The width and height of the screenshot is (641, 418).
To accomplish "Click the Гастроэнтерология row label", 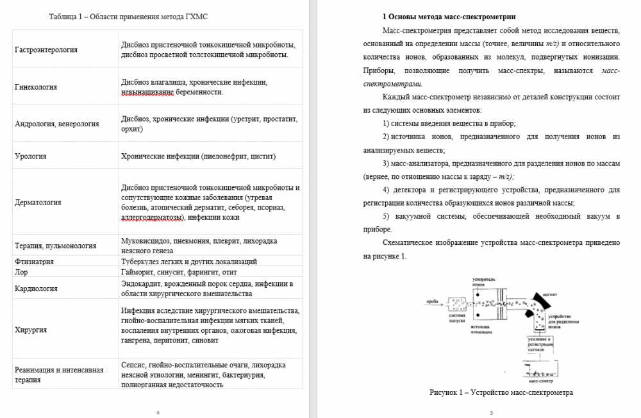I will [x=46, y=49].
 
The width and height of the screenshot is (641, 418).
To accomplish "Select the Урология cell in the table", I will [x=31, y=156].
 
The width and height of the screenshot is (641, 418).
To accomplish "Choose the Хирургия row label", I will [x=30, y=330].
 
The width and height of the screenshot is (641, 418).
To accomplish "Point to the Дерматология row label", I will [x=38, y=203].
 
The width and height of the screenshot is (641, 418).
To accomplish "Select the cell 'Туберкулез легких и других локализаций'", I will [x=189, y=262].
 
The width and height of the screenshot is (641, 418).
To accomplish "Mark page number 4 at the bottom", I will [x=158, y=413].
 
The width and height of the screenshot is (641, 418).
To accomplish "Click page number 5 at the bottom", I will [x=490, y=413].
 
